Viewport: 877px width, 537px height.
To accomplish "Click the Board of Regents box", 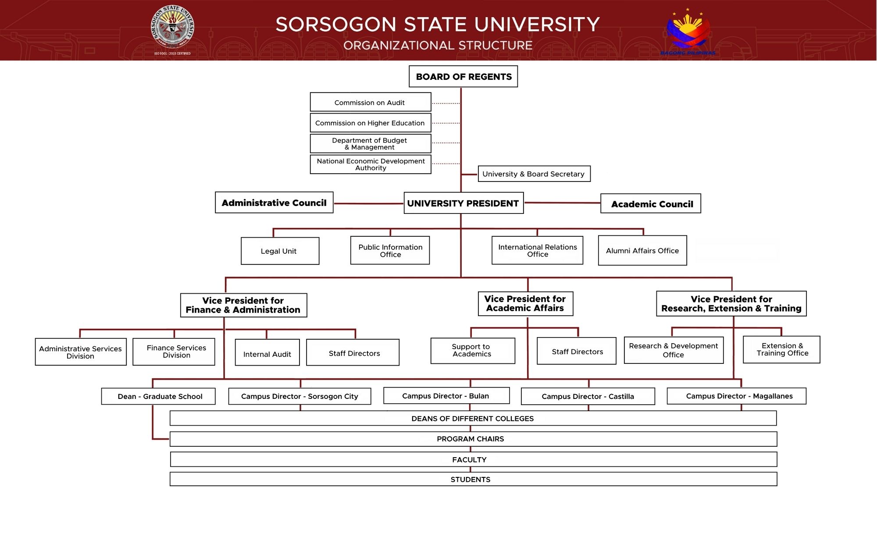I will click(x=463, y=77).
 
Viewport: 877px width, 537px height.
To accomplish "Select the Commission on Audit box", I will click(x=370, y=102).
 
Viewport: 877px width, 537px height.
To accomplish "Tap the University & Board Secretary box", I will click(x=534, y=174).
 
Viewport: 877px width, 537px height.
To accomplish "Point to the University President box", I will click(x=463, y=203).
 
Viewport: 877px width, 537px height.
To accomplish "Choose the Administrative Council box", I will click(x=274, y=203).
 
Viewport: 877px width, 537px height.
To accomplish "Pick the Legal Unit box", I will click(x=280, y=251).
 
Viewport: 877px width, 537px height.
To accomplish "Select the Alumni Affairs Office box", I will click(x=642, y=251).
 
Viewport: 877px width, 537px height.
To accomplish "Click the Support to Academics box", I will click(x=472, y=351).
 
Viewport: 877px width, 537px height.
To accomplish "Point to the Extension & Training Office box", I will click(x=781, y=350).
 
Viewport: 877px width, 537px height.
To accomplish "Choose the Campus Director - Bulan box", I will click(x=446, y=396).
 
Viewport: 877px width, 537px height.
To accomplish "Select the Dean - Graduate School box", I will click(x=158, y=396).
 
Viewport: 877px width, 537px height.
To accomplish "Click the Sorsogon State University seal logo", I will click(x=172, y=27).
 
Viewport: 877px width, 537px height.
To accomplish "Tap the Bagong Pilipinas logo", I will click(x=688, y=31).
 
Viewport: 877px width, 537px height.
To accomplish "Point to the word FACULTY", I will click(x=469, y=459).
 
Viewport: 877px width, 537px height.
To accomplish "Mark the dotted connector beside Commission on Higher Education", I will click(x=446, y=123).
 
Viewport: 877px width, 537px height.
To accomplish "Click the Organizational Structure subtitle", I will click(x=438, y=46).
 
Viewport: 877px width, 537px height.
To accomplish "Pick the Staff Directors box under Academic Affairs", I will click(x=577, y=352).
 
